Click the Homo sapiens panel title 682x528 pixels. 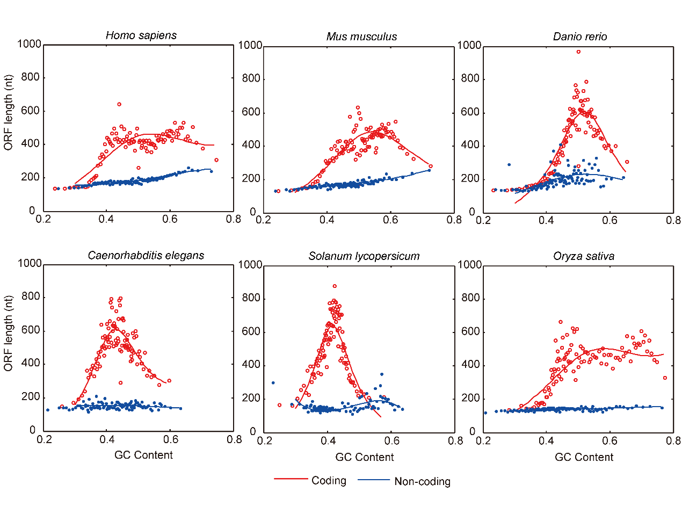(x=141, y=35)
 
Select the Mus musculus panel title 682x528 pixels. (x=361, y=37)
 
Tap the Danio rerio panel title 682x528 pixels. (x=580, y=37)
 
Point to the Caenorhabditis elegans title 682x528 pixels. (x=146, y=256)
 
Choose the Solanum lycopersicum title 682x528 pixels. (x=364, y=256)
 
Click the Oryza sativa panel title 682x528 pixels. (x=584, y=256)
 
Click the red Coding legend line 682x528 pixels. (x=291, y=479)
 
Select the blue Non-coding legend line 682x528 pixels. (x=374, y=479)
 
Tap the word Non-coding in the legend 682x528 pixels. (x=422, y=481)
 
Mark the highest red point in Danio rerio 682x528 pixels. (x=578, y=52)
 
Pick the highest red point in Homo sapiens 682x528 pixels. (x=119, y=104)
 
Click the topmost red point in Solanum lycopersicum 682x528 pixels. (x=335, y=286)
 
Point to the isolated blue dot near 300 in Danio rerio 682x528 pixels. (x=509, y=164)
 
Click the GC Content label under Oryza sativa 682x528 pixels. (x=584, y=457)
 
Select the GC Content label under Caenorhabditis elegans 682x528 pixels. (x=143, y=455)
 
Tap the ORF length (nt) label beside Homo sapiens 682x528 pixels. (x=8, y=112)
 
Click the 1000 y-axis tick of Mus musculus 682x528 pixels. (x=250, y=46)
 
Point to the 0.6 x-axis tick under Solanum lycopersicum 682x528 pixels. (x=392, y=441)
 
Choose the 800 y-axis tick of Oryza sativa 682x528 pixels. (x=470, y=298)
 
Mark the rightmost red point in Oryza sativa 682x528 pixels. (x=665, y=378)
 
